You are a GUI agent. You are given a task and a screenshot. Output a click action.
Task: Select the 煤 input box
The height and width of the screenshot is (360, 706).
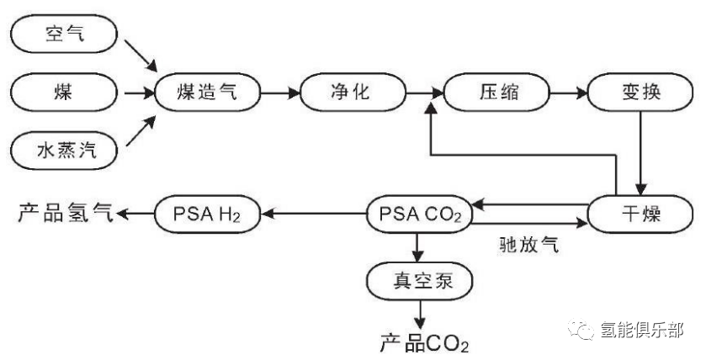pyautogui.click(x=66, y=93)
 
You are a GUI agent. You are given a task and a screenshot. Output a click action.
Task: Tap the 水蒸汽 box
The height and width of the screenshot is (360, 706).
pyautogui.click(x=66, y=151)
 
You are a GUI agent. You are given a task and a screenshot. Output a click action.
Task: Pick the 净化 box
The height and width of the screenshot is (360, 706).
pyautogui.click(x=346, y=93)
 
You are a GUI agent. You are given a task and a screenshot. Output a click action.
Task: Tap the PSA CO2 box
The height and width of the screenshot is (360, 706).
pyautogui.click(x=418, y=214)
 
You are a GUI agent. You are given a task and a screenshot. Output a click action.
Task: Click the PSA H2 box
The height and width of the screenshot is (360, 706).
pyautogui.click(x=207, y=214)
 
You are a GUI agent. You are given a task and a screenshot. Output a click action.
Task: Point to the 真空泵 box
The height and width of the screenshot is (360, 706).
pyautogui.click(x=418, y=281)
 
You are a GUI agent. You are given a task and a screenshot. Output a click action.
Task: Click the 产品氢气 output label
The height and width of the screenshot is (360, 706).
pyautogui.click(x=64, y=214)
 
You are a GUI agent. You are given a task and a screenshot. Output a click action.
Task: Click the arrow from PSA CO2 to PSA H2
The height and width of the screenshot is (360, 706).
pyautogui.click(x=311, y=214)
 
